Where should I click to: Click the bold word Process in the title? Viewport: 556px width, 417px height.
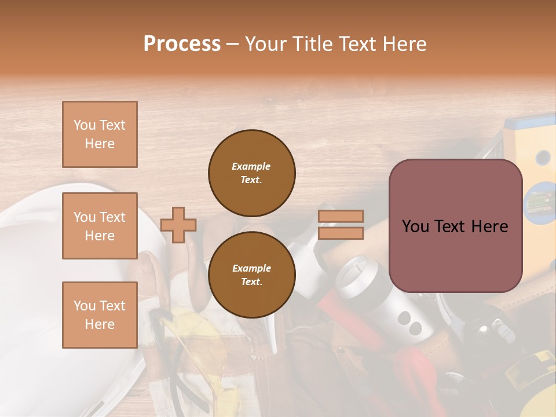[182, 43]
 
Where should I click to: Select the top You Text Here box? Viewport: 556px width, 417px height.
[100, 134]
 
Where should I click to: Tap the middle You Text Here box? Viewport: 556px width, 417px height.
[100, 226]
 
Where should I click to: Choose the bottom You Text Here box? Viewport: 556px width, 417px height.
[100, 314]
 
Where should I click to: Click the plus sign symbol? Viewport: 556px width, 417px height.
[178, 225]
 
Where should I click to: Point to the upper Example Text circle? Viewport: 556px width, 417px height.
[251, 173]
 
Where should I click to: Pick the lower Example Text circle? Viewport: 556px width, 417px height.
[251, 275]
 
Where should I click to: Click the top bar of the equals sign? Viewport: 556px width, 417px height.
[341, 216]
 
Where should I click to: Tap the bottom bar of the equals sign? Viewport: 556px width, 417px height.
[341, 233]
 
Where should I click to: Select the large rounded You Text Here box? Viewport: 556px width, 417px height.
[455, 226]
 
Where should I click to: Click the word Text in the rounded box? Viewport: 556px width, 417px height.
[454, 226]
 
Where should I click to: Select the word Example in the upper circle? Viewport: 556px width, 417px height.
[251, 166]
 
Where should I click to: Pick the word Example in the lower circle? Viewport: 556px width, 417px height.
[251, 268]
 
